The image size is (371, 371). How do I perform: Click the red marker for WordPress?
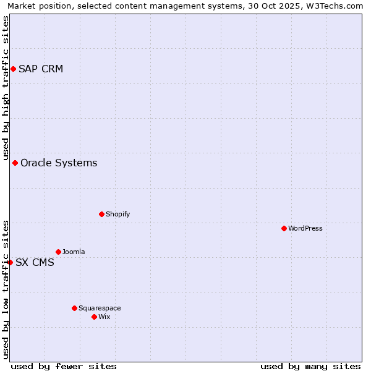284,228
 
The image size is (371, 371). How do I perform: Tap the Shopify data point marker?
101,214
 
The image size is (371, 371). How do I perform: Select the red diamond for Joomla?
58,252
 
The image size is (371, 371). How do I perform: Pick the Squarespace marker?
74,308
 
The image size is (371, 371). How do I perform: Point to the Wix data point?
94,317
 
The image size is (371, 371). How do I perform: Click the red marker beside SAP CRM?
13,69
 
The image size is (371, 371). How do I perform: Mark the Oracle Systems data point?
15,163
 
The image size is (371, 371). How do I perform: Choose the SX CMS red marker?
10,262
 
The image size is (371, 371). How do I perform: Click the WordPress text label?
305,228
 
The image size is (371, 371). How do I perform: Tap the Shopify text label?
117,214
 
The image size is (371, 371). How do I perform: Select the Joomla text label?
74,252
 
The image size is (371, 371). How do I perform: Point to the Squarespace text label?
100,308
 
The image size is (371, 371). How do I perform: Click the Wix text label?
104,317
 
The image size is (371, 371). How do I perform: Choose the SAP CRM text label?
41,69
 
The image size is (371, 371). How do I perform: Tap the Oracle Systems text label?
59,163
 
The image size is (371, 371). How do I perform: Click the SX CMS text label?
35,262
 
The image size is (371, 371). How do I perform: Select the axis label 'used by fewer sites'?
64,366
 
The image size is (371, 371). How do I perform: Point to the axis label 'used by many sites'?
310,366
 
